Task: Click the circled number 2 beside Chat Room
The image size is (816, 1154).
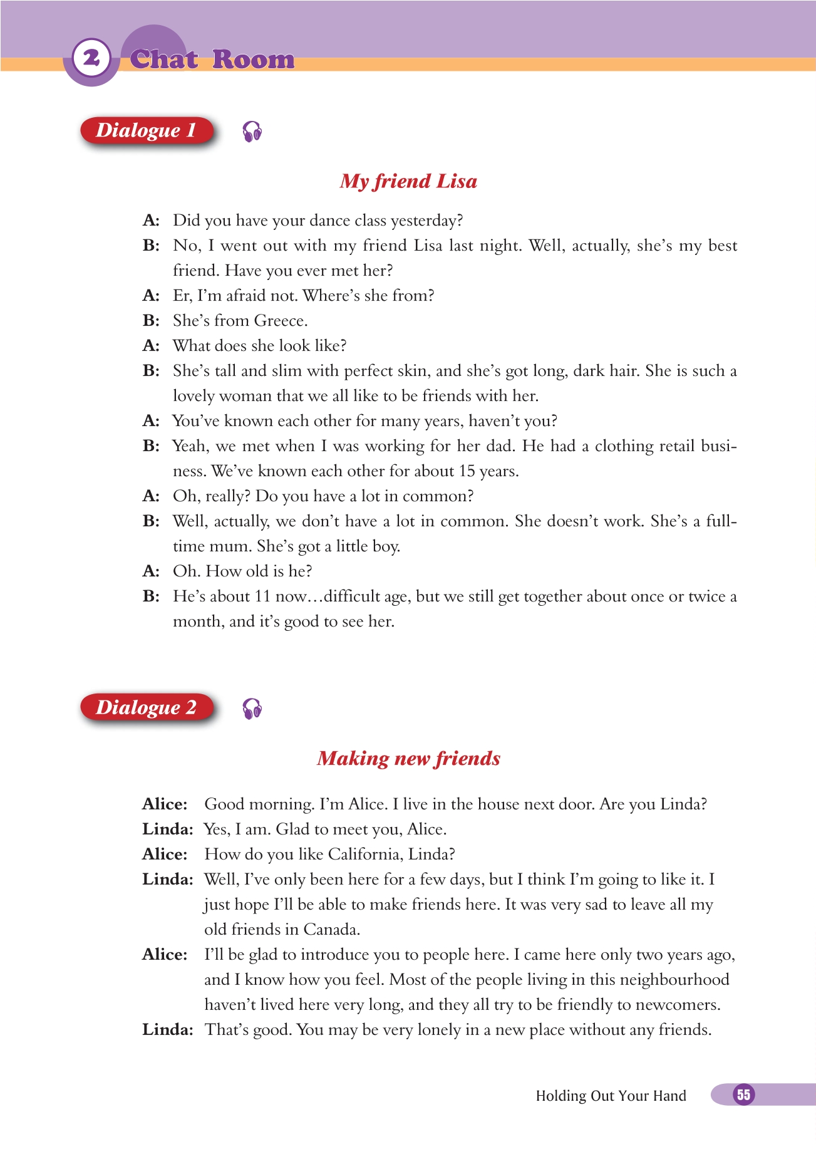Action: (91, 58)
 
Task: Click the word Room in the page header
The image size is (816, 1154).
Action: (253, 60)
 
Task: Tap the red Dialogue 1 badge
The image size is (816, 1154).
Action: (147, 130)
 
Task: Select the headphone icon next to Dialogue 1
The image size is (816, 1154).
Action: (252, 132)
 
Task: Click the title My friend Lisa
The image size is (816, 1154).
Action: (408, 181)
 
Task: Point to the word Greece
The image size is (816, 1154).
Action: (280, 321)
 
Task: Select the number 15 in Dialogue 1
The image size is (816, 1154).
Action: (466, 471)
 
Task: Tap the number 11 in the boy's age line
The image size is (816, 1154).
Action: (262, 596)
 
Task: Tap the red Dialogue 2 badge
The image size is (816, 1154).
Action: (147, 707)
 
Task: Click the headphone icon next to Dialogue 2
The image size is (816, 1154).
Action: (252, 709)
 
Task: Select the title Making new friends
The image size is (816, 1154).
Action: (408, 759)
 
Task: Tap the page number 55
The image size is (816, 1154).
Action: (743, 1094)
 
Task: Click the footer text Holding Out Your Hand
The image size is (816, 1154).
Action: (611, 1096)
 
